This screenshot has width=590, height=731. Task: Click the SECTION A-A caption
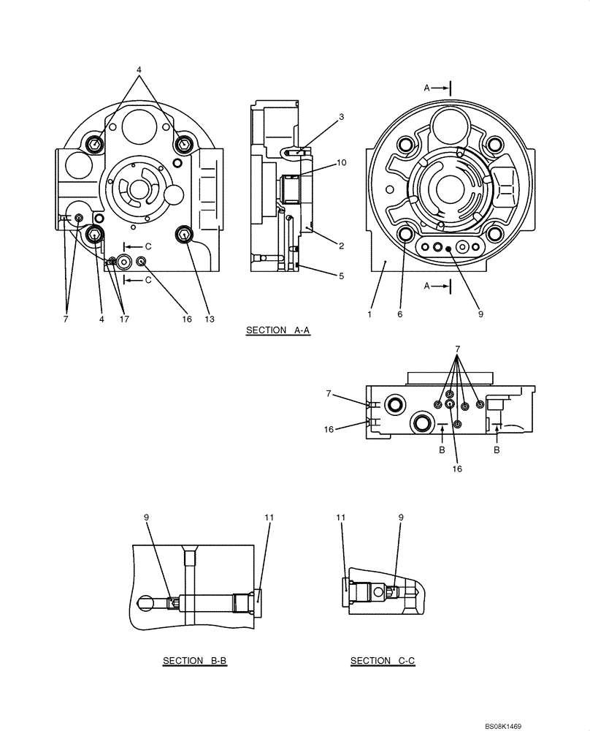(278, 330)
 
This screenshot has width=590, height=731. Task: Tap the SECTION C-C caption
(383, 661)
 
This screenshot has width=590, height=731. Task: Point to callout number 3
(341, 117)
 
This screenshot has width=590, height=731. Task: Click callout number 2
(341, 246)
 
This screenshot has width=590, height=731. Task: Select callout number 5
(341, 276)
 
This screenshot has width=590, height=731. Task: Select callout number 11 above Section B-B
(269, 518)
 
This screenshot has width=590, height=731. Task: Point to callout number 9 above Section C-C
(401, 518)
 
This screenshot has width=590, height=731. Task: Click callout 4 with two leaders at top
(138, 70)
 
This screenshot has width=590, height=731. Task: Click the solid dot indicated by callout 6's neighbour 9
(448, 249)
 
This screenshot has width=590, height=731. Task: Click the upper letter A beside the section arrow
(427, 88)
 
